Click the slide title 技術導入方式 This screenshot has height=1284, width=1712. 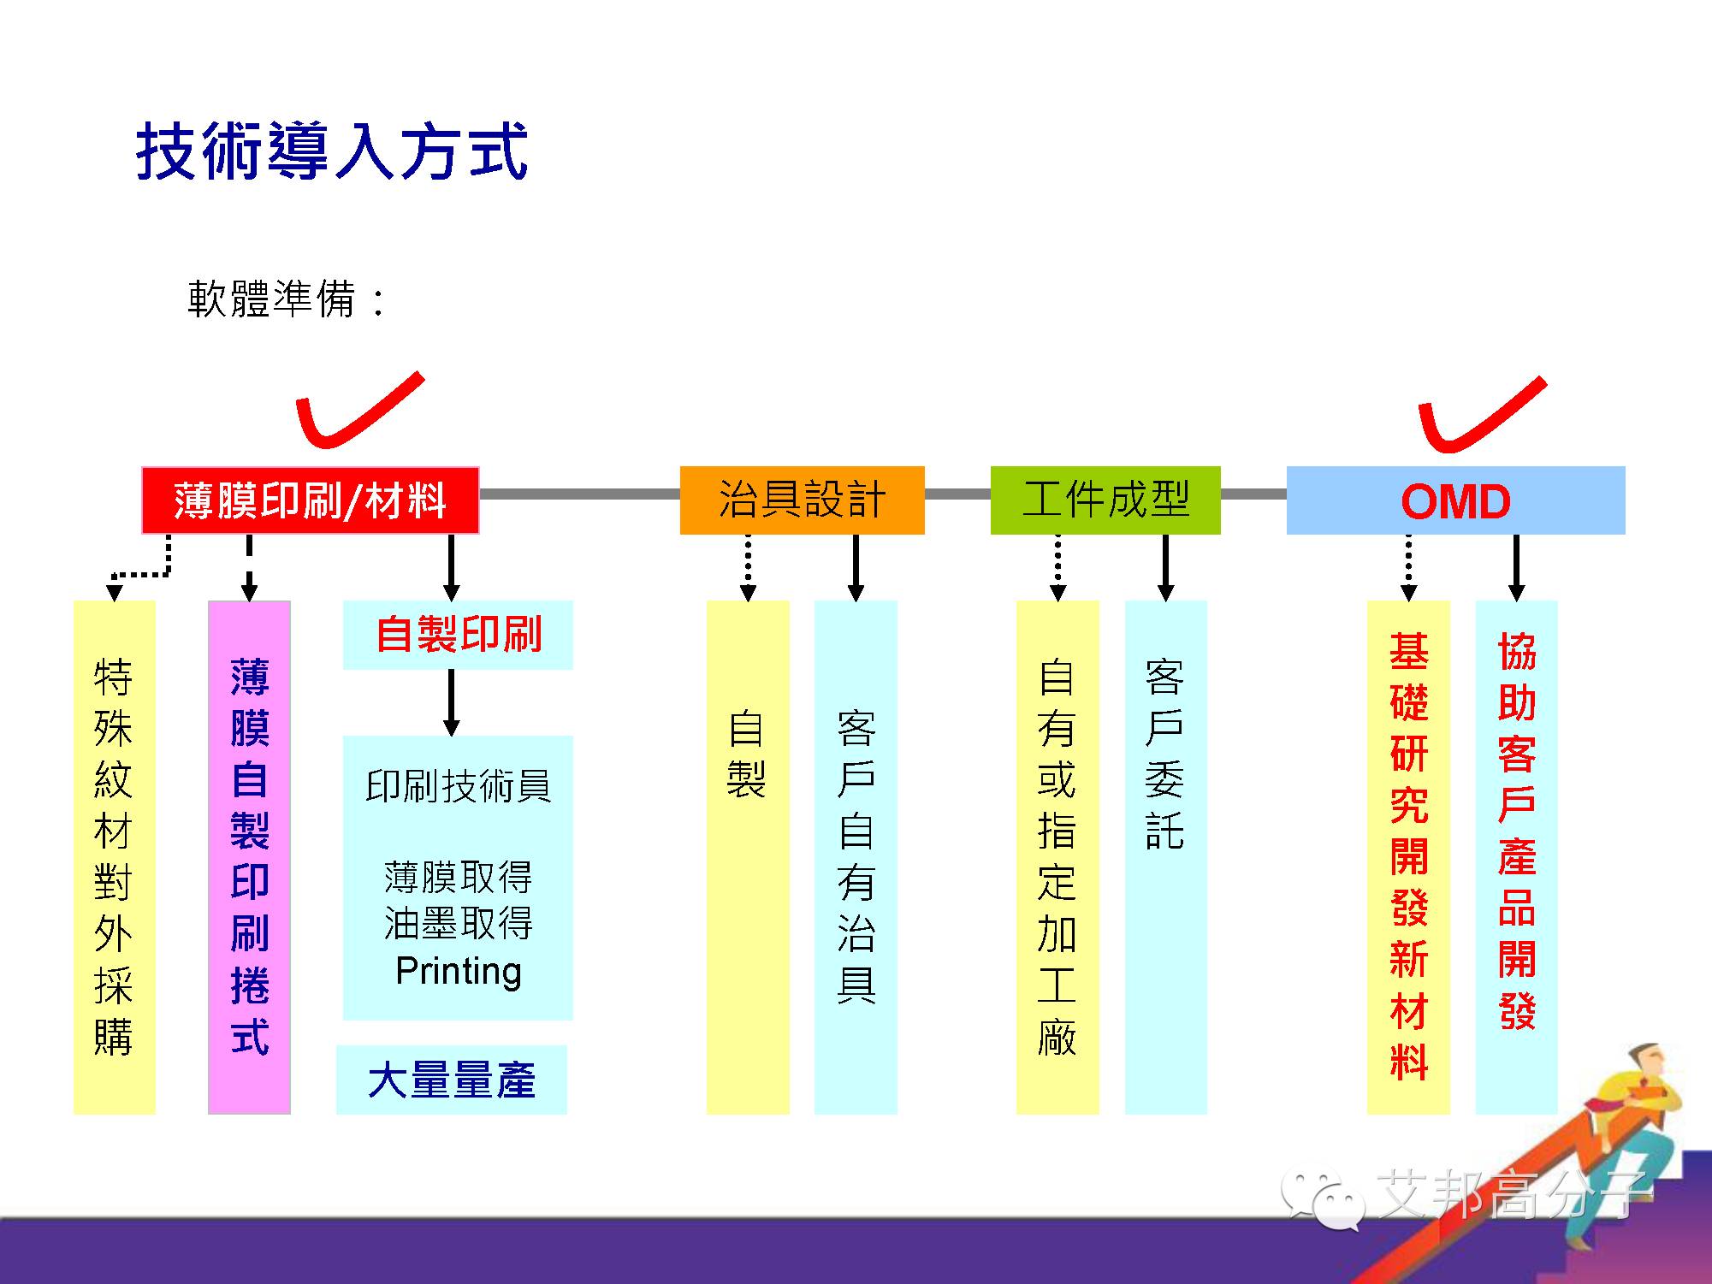coord(332,152)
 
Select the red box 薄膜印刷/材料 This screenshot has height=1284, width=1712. coord(310,500)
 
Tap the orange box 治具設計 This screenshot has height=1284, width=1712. coord(802,500)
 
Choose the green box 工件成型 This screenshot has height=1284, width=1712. coord(1105,500)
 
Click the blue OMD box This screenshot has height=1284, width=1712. coord(1455,500)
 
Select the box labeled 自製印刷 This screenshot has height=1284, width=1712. coord(458,635)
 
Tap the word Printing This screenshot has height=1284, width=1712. coord(458,972)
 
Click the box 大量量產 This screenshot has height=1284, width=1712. coord(451,1080)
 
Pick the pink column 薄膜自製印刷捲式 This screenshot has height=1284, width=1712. coord(249,856)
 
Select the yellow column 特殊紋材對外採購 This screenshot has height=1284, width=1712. coord(114,856)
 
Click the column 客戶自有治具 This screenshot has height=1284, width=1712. coord(856,856)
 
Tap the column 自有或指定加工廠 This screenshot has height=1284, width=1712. coord(1057,856)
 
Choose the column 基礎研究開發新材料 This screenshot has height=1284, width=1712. coord(1408,856)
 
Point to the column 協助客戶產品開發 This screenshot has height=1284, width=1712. coord(1516,856)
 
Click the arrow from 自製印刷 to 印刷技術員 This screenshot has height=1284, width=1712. coord(452,702)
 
